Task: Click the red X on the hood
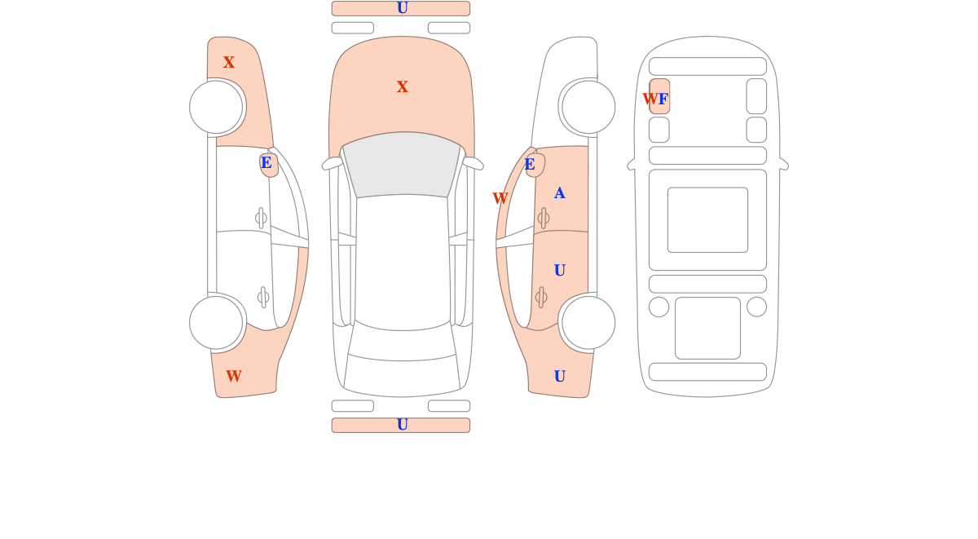402,86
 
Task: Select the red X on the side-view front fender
229,62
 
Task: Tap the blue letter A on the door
559,192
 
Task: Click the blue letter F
663,99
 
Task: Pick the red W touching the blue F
650,99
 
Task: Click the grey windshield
402,165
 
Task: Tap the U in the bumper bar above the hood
402,8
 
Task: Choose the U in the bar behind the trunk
402,425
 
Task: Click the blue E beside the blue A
529,164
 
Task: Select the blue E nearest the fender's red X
267,162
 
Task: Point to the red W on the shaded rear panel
234,376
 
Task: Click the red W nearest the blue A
500,198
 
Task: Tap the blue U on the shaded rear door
559,271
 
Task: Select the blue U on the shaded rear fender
559,376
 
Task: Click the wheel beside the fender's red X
216,107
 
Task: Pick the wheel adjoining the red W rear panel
216,323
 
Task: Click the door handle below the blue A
544,218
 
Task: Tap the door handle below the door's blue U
541,298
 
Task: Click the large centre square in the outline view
707,219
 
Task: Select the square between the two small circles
707,328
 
